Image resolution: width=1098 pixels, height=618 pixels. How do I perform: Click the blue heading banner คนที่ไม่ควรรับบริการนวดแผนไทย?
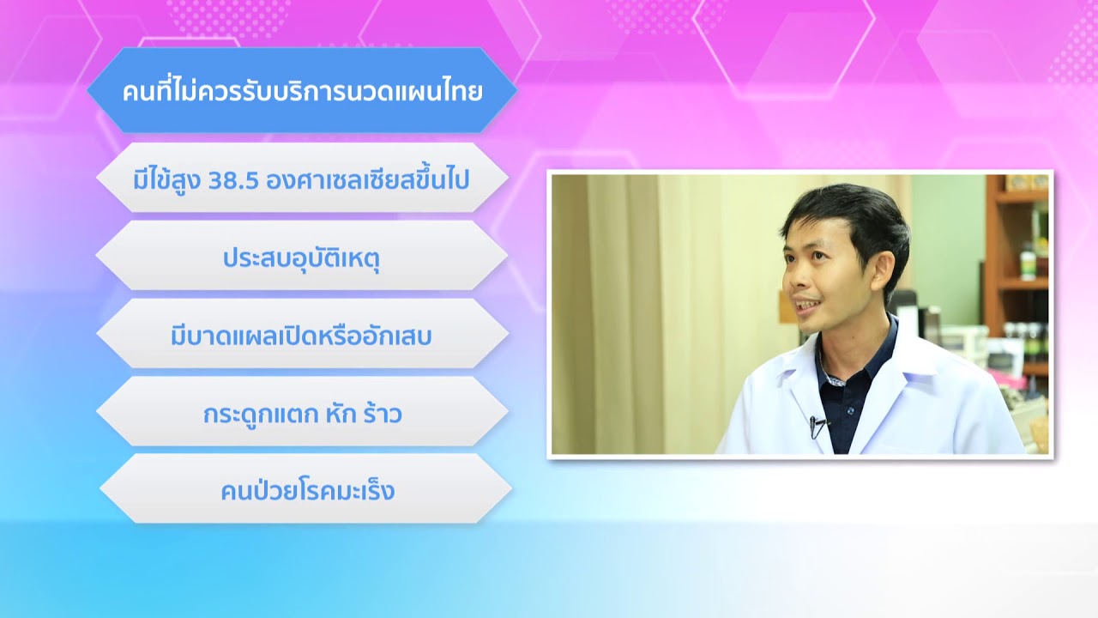pyautogui.click(x=302, y=90)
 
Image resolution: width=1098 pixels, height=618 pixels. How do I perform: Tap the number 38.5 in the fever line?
pyautogui.click(x=233, y=181)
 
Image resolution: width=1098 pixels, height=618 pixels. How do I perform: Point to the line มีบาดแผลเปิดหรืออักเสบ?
pyautogui.click(x=301, y=336)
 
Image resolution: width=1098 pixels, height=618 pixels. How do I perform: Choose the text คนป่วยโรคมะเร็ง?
pyautogui.click(x=308, y=490)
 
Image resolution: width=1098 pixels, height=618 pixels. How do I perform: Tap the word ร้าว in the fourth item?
pyautogui.click(x=383, y=414)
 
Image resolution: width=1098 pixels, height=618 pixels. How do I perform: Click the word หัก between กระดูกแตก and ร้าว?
pyautogui.click(x=341, y=414)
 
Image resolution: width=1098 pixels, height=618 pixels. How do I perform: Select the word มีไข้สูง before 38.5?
pyautogui.click(x=166, y=179)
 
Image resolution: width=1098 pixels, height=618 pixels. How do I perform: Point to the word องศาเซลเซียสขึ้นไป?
pyautogui.click(x=368, y=179)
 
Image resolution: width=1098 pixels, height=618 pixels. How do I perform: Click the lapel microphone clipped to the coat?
pyautogui.click(x=816, y=426)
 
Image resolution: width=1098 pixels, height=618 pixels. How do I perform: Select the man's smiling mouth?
pyautogui.click(x=807, y=304)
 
